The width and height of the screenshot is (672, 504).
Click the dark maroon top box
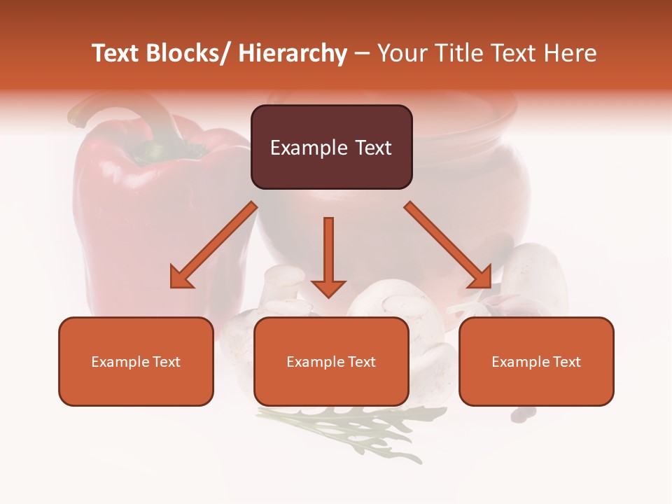331,147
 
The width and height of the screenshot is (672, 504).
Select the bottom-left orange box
136,361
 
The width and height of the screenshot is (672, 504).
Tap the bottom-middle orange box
331,361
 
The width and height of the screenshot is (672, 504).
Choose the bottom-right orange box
536,361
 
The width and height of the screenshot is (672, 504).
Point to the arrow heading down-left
213,245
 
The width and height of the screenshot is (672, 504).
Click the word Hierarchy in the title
293,53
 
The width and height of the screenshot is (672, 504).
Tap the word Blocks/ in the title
184,53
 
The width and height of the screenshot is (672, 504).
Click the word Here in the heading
570,53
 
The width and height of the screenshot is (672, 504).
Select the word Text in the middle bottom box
361,362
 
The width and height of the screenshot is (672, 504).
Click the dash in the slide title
362,54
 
